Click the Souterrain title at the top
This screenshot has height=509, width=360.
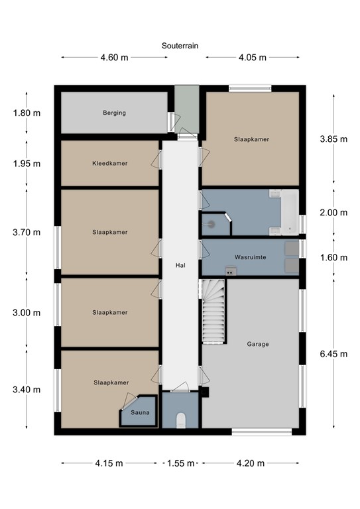click(x=180, y=46)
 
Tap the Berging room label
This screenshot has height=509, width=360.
click(x=114, y=113)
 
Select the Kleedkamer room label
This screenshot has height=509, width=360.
click(x=110, y=163)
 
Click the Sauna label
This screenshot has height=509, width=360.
click(x=140, y=412)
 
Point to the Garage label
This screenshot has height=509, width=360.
click(x=257, y=344)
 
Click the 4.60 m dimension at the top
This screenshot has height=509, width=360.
click(x=113, y=58)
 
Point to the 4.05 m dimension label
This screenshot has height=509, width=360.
click(x=252, y=58)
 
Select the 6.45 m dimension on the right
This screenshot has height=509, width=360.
click(x=334, y=354)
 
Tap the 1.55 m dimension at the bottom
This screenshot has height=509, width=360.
click(x=180, y=463)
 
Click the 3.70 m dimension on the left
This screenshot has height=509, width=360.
click(x=27, y=232)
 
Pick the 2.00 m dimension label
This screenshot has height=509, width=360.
click(x=334, y=213)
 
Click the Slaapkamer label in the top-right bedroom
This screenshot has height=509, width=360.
click(x=252, y=139)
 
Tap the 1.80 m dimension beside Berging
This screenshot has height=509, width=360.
click(x=27, y=113)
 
